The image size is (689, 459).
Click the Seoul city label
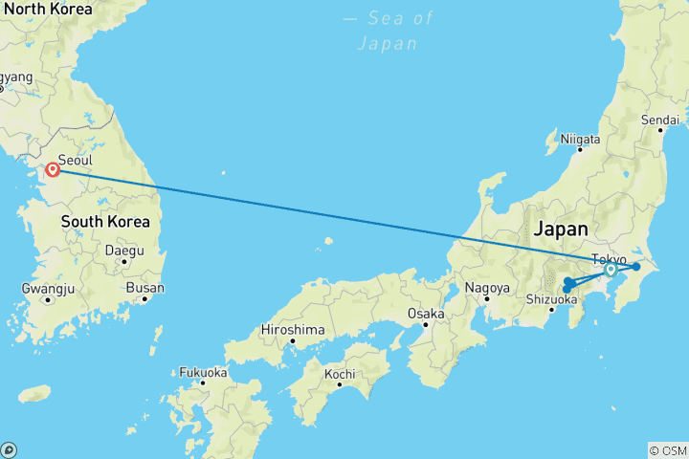[76, 161]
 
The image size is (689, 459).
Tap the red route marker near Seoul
[54, 170]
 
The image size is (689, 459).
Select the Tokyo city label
[610, 259]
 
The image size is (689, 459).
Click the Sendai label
[660, 120]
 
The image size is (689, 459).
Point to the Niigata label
[581, 139]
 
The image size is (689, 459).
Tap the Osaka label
[426, 313]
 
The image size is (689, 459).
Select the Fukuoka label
[202, 372]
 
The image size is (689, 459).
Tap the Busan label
[144, 287]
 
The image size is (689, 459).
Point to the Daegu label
[124, 251]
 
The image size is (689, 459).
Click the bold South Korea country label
[105, 222]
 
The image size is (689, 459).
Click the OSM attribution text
[668, 450]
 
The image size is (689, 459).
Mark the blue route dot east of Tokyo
[635, 266]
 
